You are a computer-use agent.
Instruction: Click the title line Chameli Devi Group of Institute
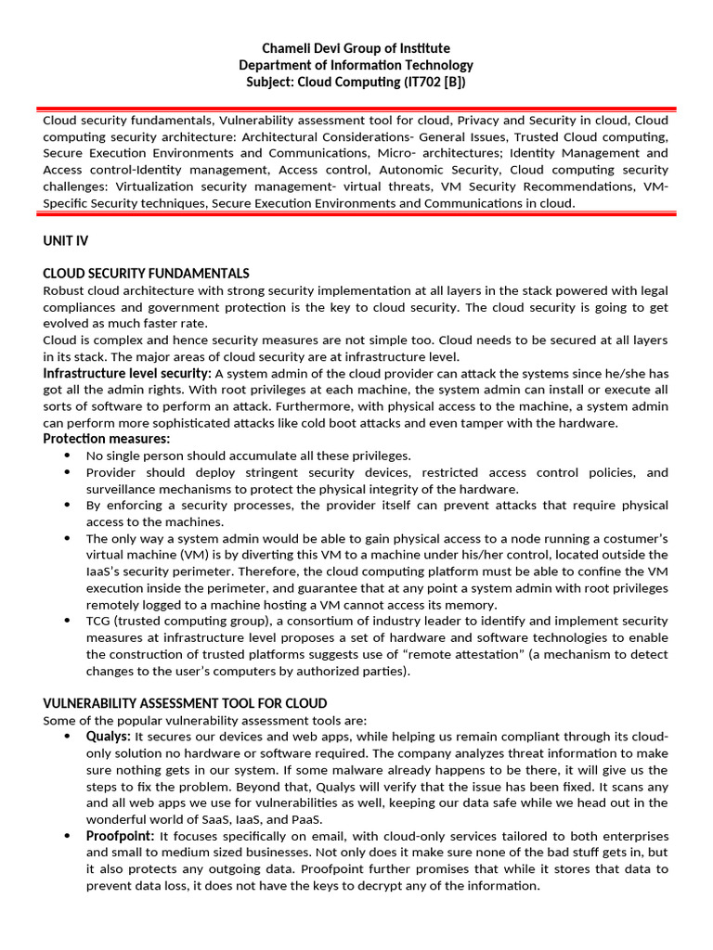tap(356, 48)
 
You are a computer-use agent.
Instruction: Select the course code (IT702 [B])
tap(423, 82)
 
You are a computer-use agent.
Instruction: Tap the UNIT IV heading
tap(65, 240)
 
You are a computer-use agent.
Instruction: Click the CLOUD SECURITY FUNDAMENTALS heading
tap(146, 274)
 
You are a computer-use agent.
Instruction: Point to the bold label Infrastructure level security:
tap(127, 373)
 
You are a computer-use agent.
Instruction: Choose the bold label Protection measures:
tap(107, 439)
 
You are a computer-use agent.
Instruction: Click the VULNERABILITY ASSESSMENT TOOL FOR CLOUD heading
tap(185, 704)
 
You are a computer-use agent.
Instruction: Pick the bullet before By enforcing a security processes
tap(67, 506)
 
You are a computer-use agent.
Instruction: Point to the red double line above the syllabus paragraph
tap(356, 109)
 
